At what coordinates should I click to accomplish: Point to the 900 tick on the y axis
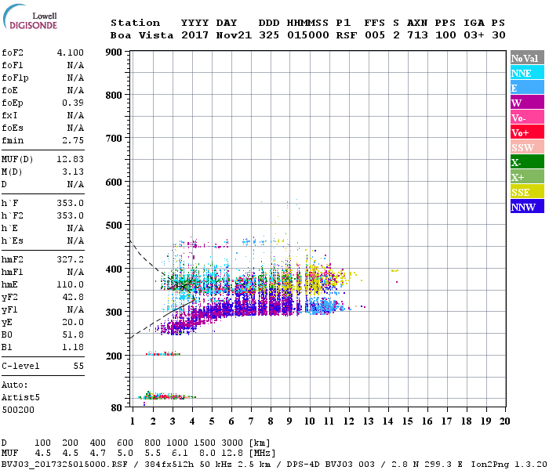click(115, 52)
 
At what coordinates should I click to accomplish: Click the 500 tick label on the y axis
click(115, 226)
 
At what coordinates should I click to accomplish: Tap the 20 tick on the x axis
click(504, 421)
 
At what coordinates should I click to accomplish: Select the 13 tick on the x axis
click(367, 421)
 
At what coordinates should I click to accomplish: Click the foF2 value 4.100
click(70, 52)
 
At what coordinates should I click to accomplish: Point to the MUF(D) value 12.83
click(70, 159)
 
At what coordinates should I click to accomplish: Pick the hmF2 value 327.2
click(70, 259)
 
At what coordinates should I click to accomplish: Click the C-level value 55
click(78, 366)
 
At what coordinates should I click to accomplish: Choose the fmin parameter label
click(13, 140)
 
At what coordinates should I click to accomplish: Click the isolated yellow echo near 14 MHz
click(394, 271)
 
